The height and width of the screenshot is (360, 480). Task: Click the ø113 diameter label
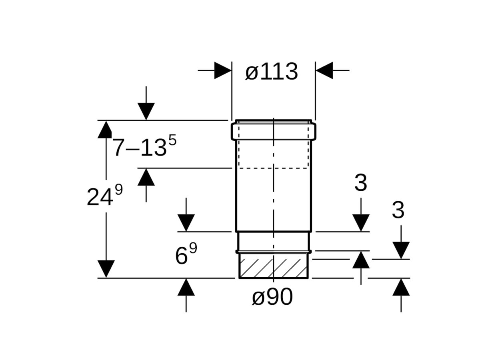(x=272, y=72)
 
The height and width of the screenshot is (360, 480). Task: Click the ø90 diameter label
(x=272, y=297)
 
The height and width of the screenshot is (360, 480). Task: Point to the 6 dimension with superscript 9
(x=186, y=255)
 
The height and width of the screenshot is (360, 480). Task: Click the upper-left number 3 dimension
(x=360, y=183)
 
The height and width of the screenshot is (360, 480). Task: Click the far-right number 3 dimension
(x=398, y=210)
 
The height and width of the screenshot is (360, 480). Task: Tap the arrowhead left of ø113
(x=222, y=70)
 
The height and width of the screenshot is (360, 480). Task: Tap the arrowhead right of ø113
(x=324, y=70)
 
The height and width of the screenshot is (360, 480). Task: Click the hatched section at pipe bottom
(x=273, y=266)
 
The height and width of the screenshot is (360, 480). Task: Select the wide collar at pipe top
(x=273, y=131)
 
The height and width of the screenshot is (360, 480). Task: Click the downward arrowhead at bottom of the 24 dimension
(x=106, y=269)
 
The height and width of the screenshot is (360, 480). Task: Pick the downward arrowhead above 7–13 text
(x=146, y=111)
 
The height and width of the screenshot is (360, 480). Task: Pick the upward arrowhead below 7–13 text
(x=146, y=177)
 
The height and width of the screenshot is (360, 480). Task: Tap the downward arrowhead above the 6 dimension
(x=186, y=222)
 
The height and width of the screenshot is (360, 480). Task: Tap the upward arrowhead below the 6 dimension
(x=186, y=287)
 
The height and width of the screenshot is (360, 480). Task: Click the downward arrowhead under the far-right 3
(x=401, y=250)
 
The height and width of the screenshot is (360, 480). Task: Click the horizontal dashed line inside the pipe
(x=273, y=168)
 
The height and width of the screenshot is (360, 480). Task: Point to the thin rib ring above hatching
(x=273, y=252)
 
